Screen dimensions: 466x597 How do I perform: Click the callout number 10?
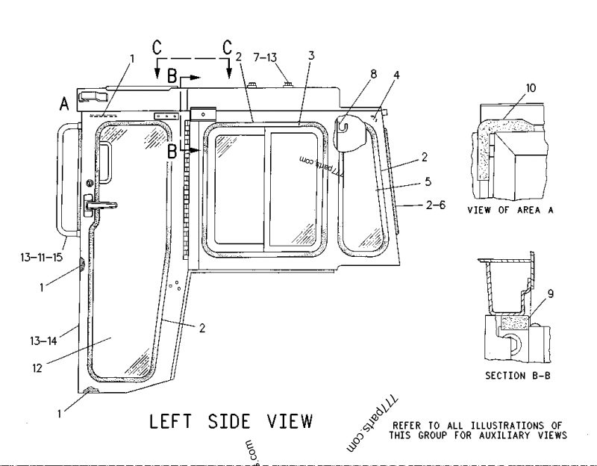pos(530,88)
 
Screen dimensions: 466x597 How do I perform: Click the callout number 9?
pos(551,293)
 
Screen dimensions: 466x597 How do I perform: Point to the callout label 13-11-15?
pos(43,258)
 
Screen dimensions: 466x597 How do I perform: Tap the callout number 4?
pos(396,75)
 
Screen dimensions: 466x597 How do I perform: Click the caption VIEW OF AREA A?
pos(510,210)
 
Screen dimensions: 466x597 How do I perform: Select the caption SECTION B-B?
pos(518,375)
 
